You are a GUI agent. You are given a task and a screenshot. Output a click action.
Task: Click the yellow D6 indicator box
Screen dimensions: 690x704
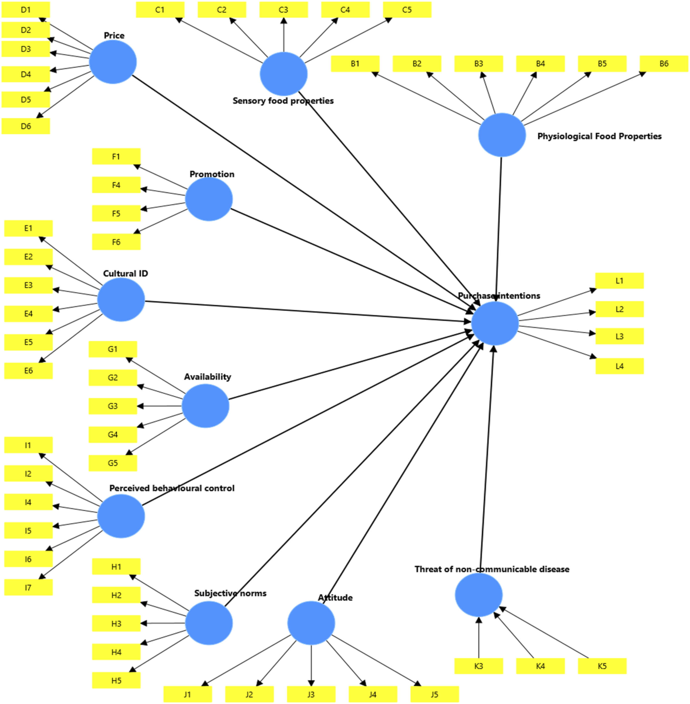[x=26, y=126]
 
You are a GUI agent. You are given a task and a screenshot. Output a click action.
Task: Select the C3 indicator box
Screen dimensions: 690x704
[x=284, y=10]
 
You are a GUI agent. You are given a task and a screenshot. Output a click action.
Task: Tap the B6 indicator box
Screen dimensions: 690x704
[x=664, y=64]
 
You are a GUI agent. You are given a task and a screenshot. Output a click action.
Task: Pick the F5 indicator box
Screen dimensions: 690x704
[x=116, y=213]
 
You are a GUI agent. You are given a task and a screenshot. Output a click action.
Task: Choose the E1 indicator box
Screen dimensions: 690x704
[x=29, y=228]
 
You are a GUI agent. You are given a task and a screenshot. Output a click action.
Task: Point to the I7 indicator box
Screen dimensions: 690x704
[x=29, y=587]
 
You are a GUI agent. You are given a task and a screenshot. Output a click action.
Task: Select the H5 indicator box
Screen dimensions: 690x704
[x=116, y=680]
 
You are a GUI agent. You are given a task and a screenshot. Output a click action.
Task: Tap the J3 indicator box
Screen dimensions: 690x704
[x=311, y=694]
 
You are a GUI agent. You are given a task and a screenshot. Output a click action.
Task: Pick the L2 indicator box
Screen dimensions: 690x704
[x=620, y=309]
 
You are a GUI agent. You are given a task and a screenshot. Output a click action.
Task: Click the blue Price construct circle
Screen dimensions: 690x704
[x=113, y=62]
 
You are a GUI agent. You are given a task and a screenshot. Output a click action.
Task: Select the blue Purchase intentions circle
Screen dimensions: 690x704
[x=495, y=323]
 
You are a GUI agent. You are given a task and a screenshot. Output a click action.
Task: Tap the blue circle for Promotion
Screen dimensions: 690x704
[x=209, y=199]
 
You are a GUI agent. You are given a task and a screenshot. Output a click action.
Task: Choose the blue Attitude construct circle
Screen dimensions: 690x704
[x=311, y=623]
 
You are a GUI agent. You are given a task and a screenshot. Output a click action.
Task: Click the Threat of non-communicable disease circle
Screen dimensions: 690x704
[x=479, y=595]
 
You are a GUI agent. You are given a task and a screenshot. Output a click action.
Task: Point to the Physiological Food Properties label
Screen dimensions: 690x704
[x=599, y=136]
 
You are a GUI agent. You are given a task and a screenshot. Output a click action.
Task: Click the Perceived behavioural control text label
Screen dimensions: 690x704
[x=172, y=488]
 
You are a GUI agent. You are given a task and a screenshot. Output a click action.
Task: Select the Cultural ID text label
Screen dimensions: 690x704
[x=125, y=274]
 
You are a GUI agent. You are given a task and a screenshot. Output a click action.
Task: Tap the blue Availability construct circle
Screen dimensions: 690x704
[x=205, y=406]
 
